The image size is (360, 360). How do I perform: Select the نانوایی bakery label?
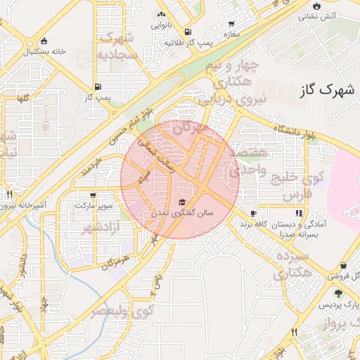tap(160, 25)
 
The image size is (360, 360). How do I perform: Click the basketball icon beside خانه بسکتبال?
tap(44, 41)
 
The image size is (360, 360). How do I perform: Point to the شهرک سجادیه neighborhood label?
tap(117, 46)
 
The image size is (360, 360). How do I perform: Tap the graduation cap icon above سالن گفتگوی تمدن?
tap(193, 203)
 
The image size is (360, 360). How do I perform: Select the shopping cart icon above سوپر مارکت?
tap(92, 195)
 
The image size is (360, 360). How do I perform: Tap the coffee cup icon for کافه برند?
tap(253, 213)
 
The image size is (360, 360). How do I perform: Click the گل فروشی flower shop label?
tap(342, 276)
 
